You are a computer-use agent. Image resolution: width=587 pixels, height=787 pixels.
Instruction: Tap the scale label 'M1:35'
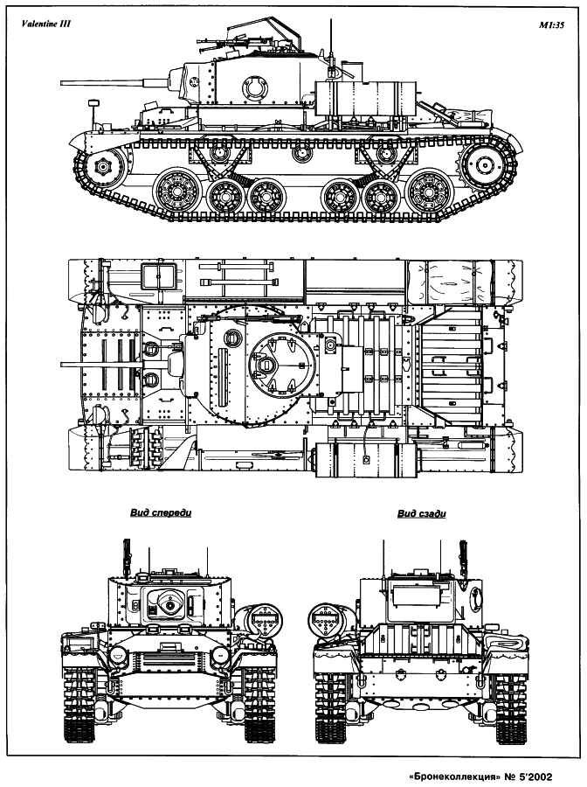[552, 26]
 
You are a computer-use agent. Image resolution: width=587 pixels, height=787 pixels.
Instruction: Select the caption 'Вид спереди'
[161, 513]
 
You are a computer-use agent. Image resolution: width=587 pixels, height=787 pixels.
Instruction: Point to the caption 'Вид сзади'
[422, 513]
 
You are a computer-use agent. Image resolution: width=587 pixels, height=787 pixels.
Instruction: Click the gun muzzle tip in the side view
[62, 82]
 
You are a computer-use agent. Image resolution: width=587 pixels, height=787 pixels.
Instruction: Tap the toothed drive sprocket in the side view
[484, 164]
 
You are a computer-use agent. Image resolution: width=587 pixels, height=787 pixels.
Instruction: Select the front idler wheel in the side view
[103, 166]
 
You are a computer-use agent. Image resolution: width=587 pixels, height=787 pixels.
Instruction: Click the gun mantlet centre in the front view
[171, 606]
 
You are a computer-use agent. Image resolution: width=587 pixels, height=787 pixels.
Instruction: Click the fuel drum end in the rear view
[327, 619]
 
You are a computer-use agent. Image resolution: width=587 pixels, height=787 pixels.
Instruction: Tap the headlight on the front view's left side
[118, 654]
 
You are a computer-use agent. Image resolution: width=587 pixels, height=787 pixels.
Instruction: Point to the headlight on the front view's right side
[221, 654]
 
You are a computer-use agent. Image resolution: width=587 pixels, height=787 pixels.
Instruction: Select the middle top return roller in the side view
[300, 153]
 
